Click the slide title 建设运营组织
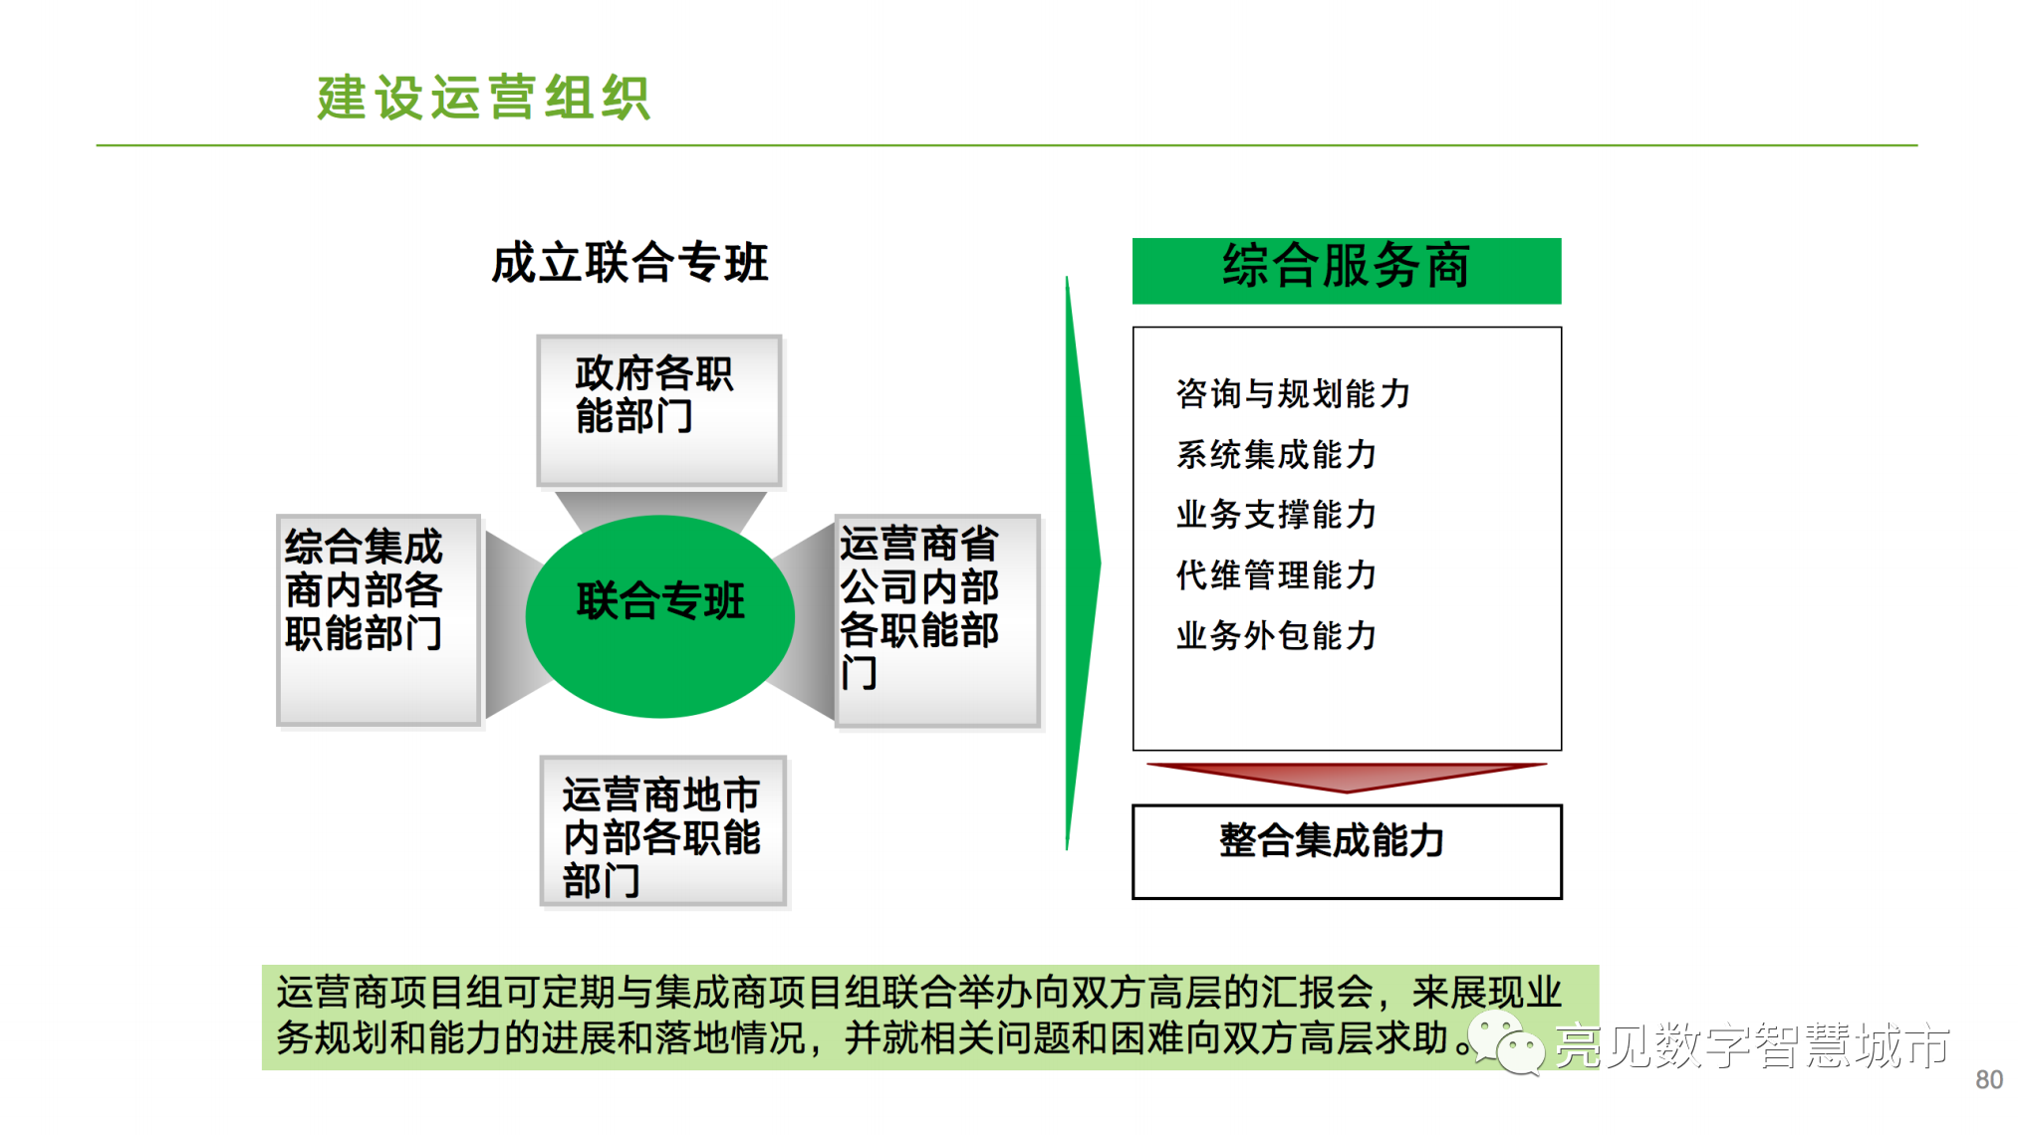(484, 98)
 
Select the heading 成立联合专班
(630, 263)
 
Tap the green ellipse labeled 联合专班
(659, 616)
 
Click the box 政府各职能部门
(659, 410)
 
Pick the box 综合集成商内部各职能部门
(379, 620)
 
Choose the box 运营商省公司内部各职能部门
(938, 621)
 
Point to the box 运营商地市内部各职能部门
(663, 831)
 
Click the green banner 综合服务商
(1347, 271)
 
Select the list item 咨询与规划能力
(1293, 393)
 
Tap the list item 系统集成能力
(1276, 454)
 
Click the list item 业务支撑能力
(1276, 514)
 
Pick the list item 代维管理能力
(1276, 574)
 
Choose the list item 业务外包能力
(1276, 635)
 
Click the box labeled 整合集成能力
(1347, 851)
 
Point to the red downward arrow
(1347, 777)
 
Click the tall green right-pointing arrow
(1082, 564)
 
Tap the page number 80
(1989, 1079)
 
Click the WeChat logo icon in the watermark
(1505, 1042)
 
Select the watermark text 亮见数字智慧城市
(1752, 1045)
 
